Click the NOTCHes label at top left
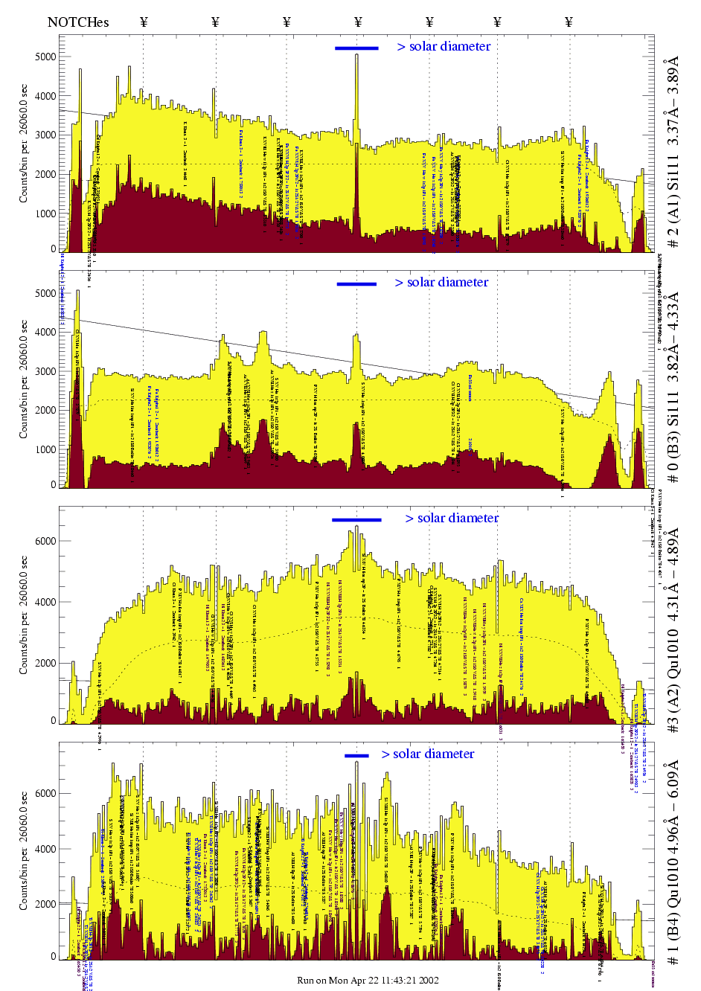78,22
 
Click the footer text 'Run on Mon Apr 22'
368,980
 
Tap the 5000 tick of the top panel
45,57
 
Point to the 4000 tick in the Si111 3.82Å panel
45,333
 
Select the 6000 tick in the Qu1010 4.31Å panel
45,541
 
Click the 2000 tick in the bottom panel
45,904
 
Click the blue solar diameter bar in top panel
356,48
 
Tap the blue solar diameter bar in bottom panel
356,756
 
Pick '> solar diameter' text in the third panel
452,519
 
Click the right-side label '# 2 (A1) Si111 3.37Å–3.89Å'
673,152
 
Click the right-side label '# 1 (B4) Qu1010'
673,863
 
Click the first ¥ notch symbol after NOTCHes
144,22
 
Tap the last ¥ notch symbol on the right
569,22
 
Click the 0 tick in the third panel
53,720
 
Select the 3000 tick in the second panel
45,371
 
